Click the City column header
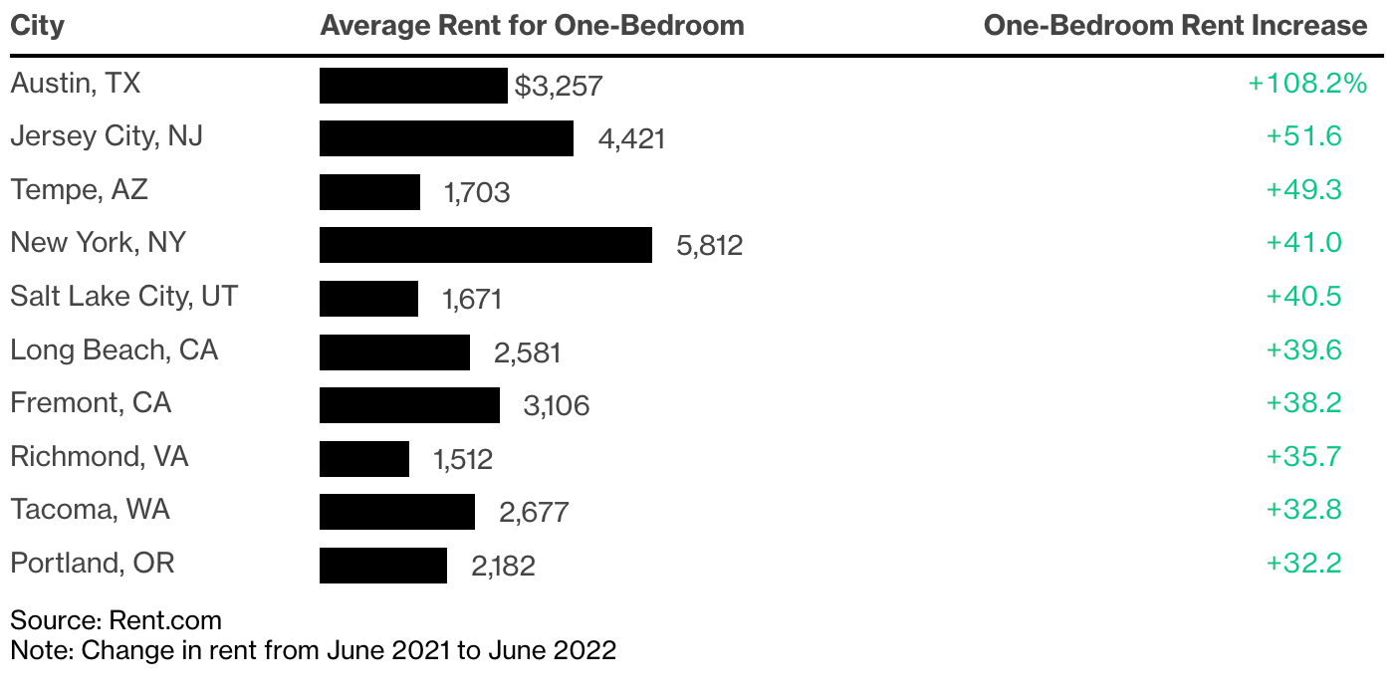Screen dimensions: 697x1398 pyautogui.click(x=37, y=26)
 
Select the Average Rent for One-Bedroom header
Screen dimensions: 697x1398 pyautogui.click(x=532, y=26)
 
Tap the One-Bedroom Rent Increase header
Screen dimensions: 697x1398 pyautogui.click(x=1175, y=26)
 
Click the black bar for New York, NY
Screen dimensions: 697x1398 pyautogui.click(x=485, y=245)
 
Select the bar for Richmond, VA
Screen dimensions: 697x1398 pyautogui.click(x=363, y=458)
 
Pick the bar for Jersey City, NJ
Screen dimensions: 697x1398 pyautogui.click(x=446, y=138)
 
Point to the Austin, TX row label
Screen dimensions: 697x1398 pyautogui.click(x=76, y=84)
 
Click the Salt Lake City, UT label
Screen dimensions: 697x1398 pyautogui.click(x=123, y=297)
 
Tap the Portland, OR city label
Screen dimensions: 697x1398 pyautogui.click(x=92, y=564)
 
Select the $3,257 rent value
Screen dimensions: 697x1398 pyautogui.click(x=559, y=86)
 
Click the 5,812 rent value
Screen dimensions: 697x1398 pyautogui.click(x=709, y=245)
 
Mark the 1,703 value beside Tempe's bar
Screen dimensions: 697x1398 pyautogui.click(x=477, y=192)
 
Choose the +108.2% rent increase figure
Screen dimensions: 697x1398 pyautogui.click(x=1306, y=84)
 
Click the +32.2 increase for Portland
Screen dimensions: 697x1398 pyautogui.click(x=1303, y=564)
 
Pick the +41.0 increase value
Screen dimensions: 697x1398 pyautogui.click(x=1303, y=243)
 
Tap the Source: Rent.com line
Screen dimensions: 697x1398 pyautogui.click(x=116, y=621)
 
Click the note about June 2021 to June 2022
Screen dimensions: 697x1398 pyautogui.click(x=313, y=651)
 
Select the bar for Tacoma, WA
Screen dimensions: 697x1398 pyautogui.click(x=396, y=512)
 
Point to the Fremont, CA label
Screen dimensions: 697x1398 pyautogui.click(x=91, y=403)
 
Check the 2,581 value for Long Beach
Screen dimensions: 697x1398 pyautogui.click(x=527, y=352)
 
